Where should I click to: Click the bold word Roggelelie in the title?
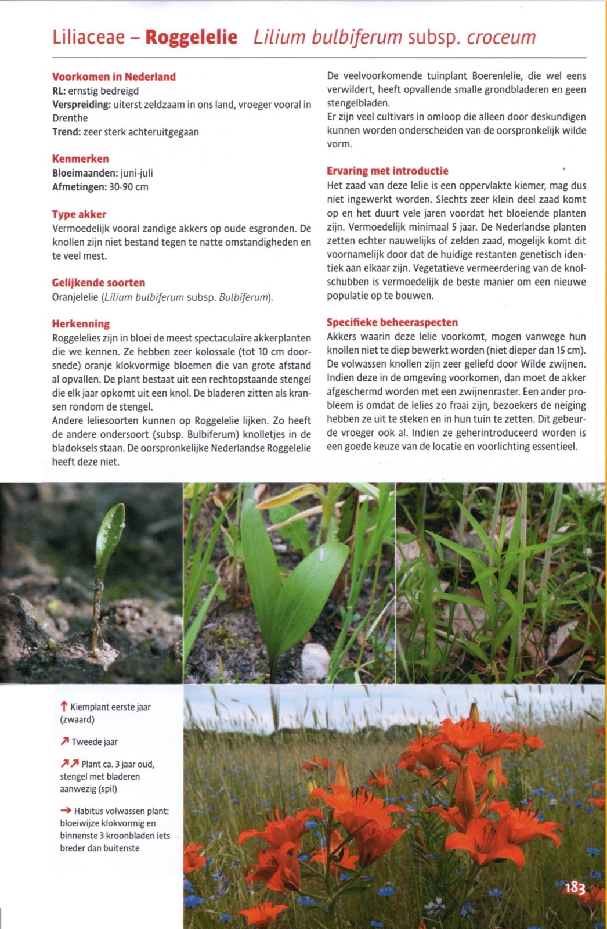[191, 37]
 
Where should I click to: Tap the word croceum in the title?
[501, 37]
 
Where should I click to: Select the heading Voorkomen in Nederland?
[114, 77]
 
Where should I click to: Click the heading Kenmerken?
[80, 159]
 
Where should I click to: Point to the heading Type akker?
[79, 214]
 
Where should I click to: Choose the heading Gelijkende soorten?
[99, 283]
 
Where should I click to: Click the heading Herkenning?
[81, 324]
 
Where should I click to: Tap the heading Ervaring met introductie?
[387, 171]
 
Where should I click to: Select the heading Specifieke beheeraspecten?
[392, 322]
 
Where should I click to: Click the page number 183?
[575, 887]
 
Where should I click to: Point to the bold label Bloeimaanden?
[85, 173]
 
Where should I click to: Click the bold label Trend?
[66, 132]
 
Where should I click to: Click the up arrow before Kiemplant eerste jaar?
[64, 707]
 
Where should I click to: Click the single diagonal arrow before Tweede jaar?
[64, 741]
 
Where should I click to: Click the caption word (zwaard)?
[77, 719]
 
